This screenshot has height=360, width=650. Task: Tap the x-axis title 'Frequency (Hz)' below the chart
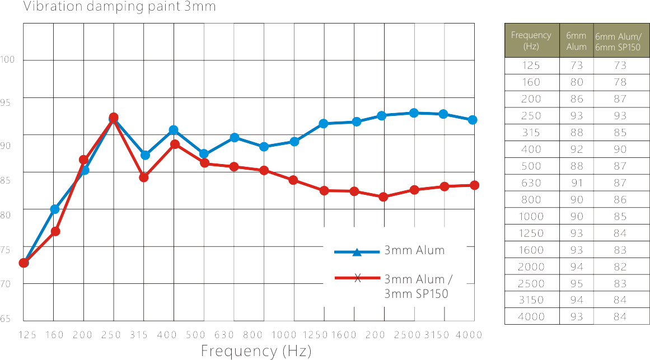tap(256, 351)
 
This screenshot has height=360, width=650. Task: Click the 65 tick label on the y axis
tap(6, 319)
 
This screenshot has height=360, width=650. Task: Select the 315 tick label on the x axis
tap(139, 335)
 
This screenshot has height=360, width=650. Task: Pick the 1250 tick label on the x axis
tap(315, 335)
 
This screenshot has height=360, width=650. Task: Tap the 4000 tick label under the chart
tap(469, 335)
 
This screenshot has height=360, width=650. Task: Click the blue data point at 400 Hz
tap(174, 130)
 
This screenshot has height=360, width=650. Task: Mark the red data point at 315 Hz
tap(144, 177)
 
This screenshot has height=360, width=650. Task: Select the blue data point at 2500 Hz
tap(414, 113)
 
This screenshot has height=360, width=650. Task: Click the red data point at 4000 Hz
tap(474, 185)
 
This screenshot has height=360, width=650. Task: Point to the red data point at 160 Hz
tap(55, 231)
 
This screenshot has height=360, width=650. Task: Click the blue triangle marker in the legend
tap(357, 252)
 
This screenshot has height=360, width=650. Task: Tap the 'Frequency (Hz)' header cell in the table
tap(531, 40)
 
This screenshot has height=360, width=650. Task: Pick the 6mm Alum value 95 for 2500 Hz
tap(577, 283)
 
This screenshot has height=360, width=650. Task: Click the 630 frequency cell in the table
tap(531, 183)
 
